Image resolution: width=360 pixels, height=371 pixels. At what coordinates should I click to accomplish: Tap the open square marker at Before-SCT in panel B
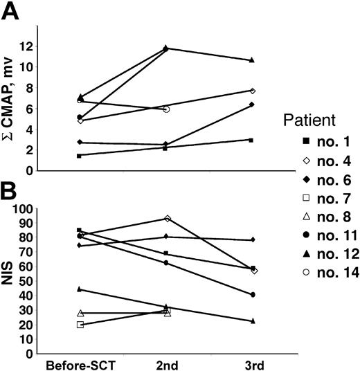click(x=80, y=324)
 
